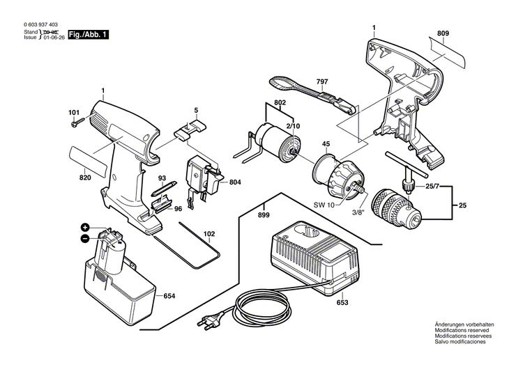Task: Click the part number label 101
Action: coord(74,113)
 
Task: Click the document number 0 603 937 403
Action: coord(42,24)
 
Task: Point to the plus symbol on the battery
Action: coord(85,227)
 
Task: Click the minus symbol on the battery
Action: coord(85,238)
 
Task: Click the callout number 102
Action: coord(209,234)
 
